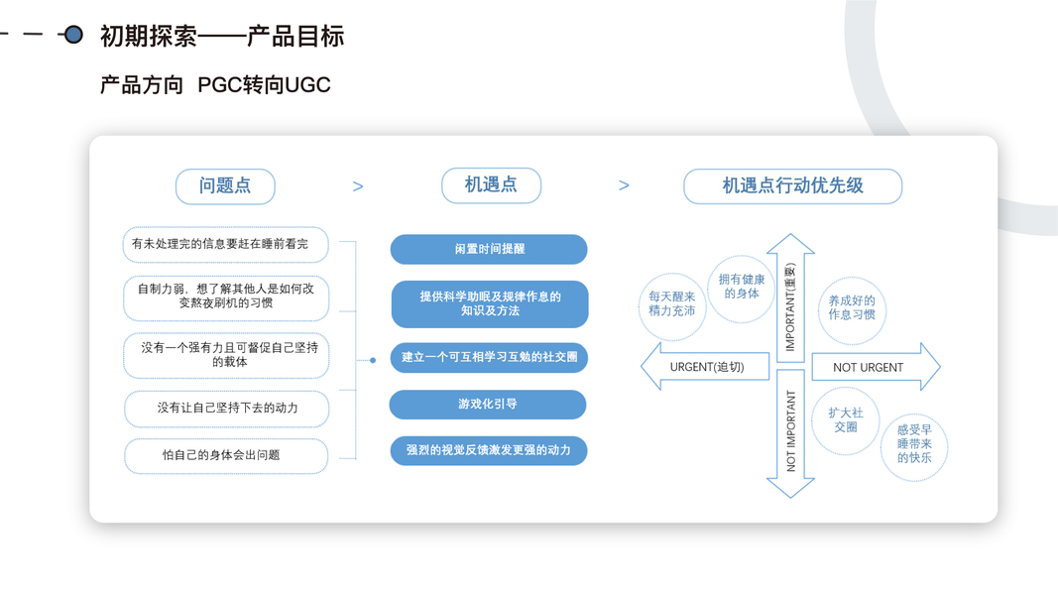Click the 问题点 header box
pyautogui.click(x=225, y=185)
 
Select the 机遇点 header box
pyautogui.click(x=491, y=184)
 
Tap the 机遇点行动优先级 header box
pyautogui.click(x=792, y=185)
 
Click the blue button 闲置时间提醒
pyautogui.click(x=489, y=249)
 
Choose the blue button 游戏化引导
pyautogui.click(x=488, y=405)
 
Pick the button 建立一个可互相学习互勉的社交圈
pyautogui.click(x=489, y=357)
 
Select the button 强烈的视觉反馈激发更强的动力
pyautogui.click(x=489, y=450)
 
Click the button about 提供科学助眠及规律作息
pyautogui.click(x=489, y=303)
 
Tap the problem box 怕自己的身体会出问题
pyautogui.click(x=226, y=455)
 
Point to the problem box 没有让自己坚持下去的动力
pyautogui.click(x=226, y=408)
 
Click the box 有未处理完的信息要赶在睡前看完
pyautogui.click(x=225, y=244)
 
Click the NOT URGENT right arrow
pyautogui.click(x=874, y=367)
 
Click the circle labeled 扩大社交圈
pyautogui.click(x=845, y=419)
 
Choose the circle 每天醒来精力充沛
pyautogui.click(x=671, y=303)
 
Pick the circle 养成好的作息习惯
pyautogui.click(x=851, y=307)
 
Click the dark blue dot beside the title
pyautogui.click(x=72, y=35)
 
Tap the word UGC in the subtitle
pyautogui.click(x=307, y=85)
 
